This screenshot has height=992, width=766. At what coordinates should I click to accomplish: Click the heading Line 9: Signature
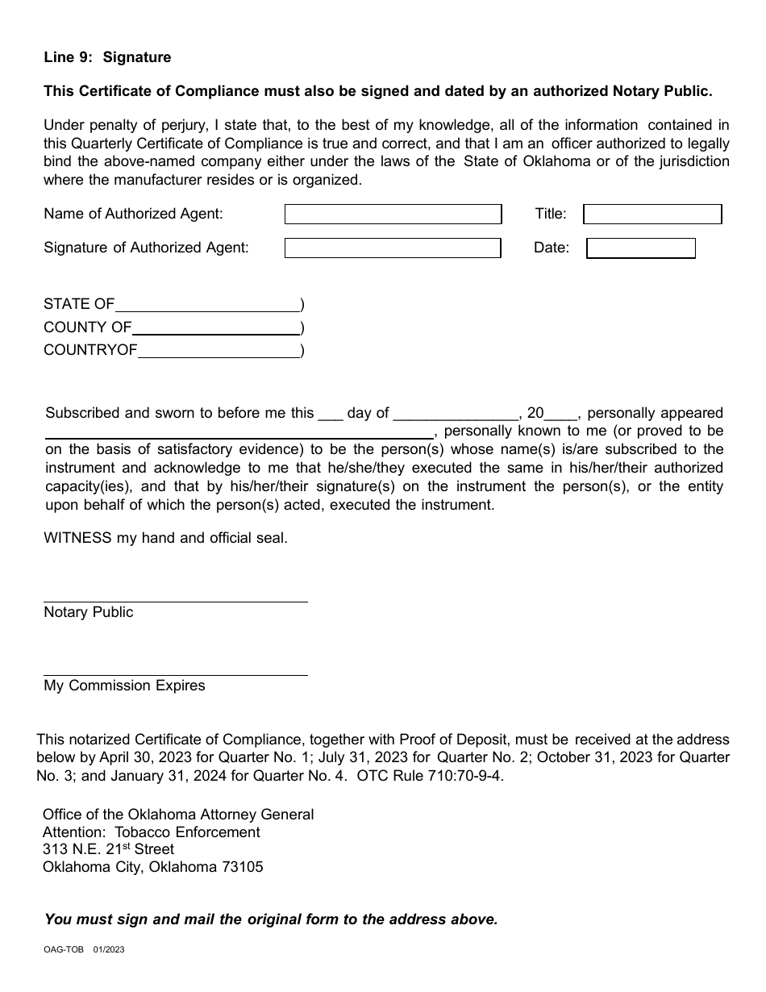pos(107,57)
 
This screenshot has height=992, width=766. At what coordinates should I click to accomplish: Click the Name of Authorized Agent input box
pos(393,214)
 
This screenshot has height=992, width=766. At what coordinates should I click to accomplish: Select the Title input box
pos(652,214)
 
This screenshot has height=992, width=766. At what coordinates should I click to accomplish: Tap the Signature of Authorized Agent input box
pos(393,248)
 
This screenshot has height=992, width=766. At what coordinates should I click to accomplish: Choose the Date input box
pos(640,248)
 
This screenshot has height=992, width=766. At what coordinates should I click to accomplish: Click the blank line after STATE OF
pos(207,306)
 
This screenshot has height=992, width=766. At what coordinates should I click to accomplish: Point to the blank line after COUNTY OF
pos(215,328)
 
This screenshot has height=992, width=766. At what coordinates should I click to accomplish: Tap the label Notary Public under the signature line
pos(89,612)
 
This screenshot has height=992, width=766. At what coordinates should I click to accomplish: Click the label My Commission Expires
pos(124,686)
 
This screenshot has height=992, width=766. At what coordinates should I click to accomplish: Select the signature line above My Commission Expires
pos(175,674)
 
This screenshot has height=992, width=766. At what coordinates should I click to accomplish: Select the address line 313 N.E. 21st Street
pos(108,849)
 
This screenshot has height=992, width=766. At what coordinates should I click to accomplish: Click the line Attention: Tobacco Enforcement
pos(152,832)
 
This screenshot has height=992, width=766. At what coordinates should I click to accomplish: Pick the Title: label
pos(551,214)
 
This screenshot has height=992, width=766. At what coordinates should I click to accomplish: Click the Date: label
pos(552,248)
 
